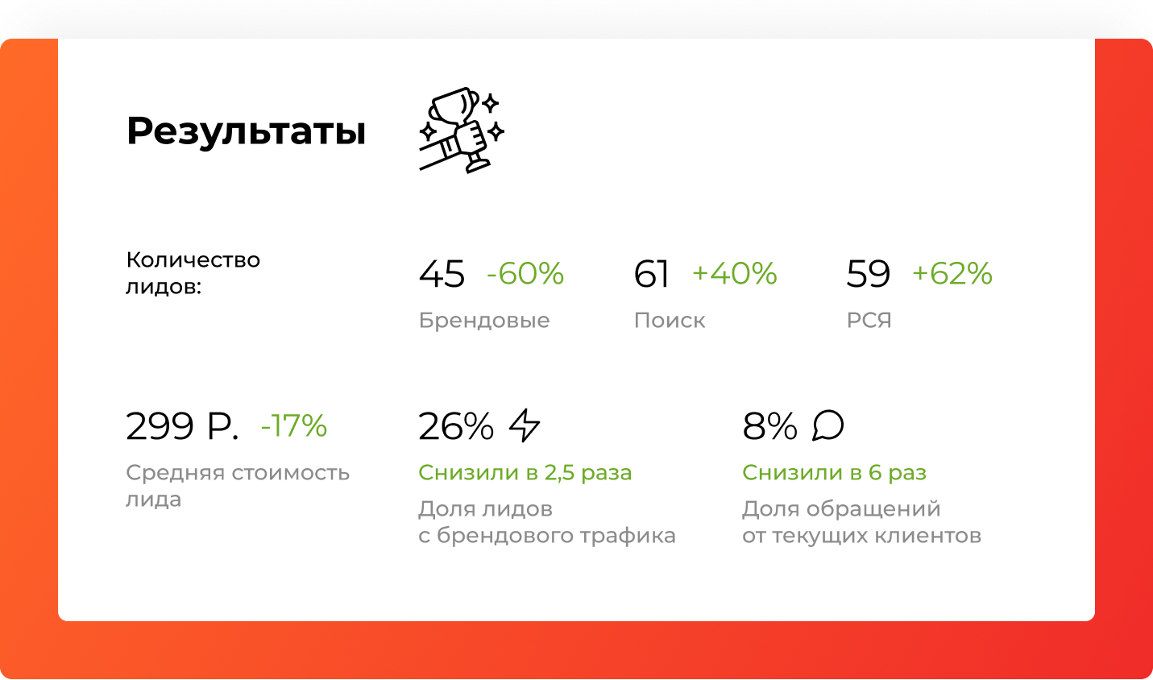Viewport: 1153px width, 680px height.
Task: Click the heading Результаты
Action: coord(246,132)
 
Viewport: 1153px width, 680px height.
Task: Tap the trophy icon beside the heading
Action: coord(462,131)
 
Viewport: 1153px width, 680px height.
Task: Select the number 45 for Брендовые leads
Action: coord(442,273)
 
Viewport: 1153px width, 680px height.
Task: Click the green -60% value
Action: coord(525,273)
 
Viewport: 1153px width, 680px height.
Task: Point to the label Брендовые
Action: coord(484,320)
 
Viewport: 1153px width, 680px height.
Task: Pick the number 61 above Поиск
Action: coord(651,273)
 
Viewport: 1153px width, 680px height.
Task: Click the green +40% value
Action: coord(735,273)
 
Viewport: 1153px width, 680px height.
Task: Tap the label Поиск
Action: coord(669,320)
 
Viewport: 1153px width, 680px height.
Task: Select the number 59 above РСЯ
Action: coord(869,273)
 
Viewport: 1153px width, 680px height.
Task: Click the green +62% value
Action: coord(952,273)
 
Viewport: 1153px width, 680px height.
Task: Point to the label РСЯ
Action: coord(869,320)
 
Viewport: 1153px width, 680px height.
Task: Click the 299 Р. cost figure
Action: coord(182,426)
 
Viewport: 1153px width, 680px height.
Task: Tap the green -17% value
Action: coord(294,425)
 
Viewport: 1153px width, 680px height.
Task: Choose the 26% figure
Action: coord(456,426)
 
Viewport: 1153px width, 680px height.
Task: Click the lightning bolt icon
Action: coord(525,425)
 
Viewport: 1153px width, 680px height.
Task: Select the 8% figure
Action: coord(769,426)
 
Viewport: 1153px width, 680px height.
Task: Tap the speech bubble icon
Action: coord(828,425)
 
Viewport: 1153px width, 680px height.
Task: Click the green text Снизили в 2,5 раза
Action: coord(525,473)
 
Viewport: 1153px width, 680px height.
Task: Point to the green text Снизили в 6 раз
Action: coord(835,473)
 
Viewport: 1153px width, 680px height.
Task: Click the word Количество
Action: coord(193,260)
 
